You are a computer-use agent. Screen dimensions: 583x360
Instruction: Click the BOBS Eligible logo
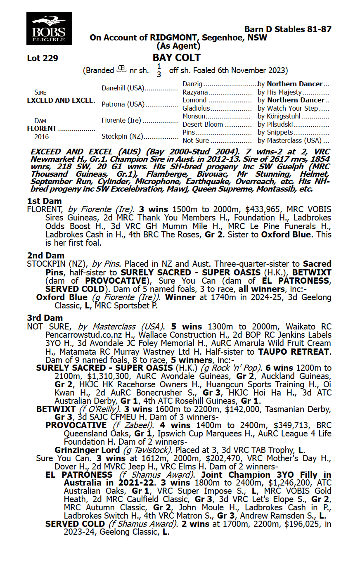coord(49,28)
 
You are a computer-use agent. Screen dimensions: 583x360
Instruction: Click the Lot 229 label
coord(43,58)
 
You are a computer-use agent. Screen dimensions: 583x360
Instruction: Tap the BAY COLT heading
coord(176,58)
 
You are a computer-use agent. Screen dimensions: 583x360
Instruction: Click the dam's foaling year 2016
coord(41,137)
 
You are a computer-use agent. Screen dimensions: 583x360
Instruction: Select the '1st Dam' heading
coord(44,201)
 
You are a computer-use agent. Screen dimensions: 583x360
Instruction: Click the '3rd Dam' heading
coord(45,318)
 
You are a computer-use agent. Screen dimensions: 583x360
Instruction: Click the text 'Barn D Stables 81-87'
coord(287,29)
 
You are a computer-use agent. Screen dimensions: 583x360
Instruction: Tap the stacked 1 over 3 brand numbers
coord(159,71)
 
